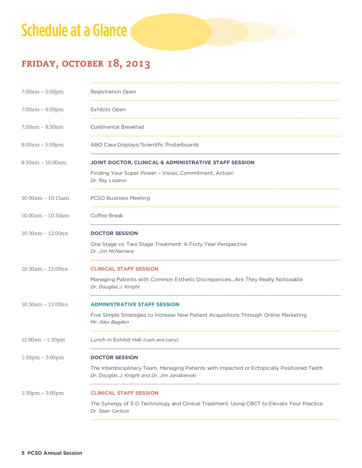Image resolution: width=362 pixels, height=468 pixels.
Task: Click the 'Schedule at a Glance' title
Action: (74, 30)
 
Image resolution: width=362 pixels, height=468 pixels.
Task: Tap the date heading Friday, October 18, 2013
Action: (86, 64)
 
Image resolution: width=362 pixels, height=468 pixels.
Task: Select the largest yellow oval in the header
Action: (171, 32)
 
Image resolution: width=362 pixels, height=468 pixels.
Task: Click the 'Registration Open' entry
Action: (113, 92)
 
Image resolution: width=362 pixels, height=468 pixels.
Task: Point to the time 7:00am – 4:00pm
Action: (43, 109)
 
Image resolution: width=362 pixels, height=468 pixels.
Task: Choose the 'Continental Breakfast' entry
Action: (117, 127)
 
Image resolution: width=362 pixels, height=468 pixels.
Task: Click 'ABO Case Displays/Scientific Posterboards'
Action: (144, 145)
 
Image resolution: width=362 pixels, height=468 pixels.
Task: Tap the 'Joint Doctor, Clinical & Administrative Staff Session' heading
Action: (172, 162)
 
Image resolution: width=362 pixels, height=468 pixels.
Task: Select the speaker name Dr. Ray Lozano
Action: (108, 180)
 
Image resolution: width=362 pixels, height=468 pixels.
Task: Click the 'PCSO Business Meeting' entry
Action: (120, 198)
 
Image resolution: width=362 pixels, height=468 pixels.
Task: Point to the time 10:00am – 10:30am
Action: (45, 215)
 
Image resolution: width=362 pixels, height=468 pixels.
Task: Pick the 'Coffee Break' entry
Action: (107, 215)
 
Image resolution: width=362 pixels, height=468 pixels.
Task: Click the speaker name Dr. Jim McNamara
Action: (112, 251)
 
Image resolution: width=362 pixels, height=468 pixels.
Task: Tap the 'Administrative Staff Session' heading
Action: (135, 304)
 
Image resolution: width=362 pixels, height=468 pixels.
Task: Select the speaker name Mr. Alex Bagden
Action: (110, 322)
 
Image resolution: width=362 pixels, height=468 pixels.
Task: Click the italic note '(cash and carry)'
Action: (161, 340)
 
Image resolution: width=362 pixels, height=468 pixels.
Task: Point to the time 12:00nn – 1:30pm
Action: (43, 340)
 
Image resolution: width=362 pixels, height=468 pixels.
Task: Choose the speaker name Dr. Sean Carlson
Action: (110, 411)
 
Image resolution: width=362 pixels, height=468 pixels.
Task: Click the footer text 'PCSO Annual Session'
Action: (55, 453)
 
